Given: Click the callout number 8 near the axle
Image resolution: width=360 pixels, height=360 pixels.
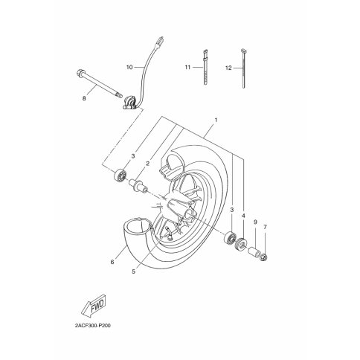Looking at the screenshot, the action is point(84,98).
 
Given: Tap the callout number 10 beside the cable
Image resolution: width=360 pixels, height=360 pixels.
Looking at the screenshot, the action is point(129,67).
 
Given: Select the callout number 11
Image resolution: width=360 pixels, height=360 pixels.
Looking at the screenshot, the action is point(187,67).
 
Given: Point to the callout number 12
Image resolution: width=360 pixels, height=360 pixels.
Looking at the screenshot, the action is point(228,68).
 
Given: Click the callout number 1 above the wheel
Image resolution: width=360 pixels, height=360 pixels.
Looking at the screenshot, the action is point(216,120).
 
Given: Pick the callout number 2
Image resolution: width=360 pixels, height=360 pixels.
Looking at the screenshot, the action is point(147,164).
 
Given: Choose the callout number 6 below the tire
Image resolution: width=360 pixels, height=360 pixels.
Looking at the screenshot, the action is point(112,262).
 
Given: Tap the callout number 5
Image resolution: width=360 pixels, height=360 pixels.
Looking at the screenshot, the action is point(134,271).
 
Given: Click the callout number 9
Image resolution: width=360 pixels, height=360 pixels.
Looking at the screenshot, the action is point(255,222).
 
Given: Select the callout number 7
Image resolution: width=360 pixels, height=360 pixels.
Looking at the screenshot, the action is point(265,227).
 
